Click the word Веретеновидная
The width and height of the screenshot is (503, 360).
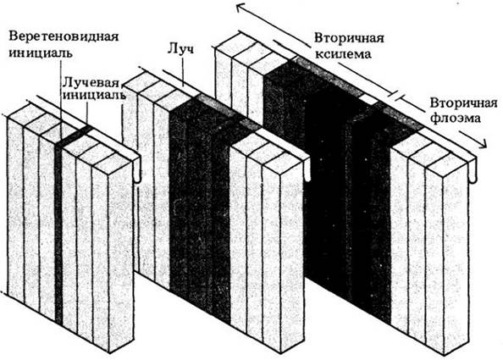coord(64,36)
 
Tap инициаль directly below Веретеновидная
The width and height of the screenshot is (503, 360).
coord(40,53)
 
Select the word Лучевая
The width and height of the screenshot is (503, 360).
coord(91,82)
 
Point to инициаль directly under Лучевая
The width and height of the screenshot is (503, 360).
coord(94,95)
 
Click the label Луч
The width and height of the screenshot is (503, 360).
coord(180,50)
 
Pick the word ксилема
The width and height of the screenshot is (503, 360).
coord(343,54)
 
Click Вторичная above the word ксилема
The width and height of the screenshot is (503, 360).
coord(349,38)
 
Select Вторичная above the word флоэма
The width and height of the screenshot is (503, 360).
coord(463,103)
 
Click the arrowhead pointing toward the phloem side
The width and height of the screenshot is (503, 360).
coord(481,144)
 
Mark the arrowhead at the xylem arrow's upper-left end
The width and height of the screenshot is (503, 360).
coord(241,7)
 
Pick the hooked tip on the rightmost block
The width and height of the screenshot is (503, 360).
coord(473,174)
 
